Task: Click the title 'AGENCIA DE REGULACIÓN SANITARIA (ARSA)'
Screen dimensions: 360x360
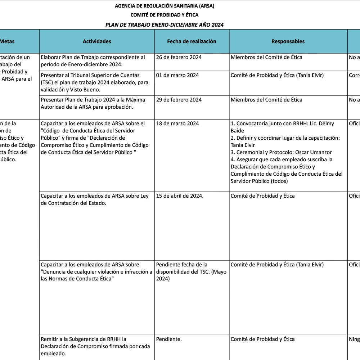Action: (165, 6)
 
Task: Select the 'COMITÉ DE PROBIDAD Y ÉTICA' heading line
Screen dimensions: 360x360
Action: (165, 15)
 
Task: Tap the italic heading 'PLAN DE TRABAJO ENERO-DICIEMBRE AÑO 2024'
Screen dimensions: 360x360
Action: (165, 25)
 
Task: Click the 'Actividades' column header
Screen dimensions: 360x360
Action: (97, 41)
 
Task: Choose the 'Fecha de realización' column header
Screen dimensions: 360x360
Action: (192, 41)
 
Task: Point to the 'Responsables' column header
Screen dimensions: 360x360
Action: (288, 41)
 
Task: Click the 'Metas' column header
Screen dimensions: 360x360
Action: (7, 41)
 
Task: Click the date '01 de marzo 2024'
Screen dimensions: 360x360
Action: (177, 75)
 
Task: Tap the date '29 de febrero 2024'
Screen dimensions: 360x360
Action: (179, 100)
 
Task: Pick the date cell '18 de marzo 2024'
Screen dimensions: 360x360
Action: (177, 123)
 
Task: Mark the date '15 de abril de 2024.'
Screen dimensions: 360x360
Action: (180, 196)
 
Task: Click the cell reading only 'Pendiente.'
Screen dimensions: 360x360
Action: (169, 339)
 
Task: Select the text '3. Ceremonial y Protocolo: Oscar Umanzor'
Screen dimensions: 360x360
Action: (281, 152)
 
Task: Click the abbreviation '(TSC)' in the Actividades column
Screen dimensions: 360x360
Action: (48, 82)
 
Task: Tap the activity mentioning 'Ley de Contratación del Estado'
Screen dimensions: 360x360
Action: (94, 199)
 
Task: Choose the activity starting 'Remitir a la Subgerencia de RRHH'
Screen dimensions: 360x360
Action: (83, 339)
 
